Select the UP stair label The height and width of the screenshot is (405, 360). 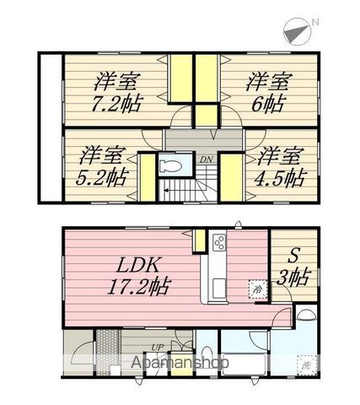[x=157, y=347]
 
